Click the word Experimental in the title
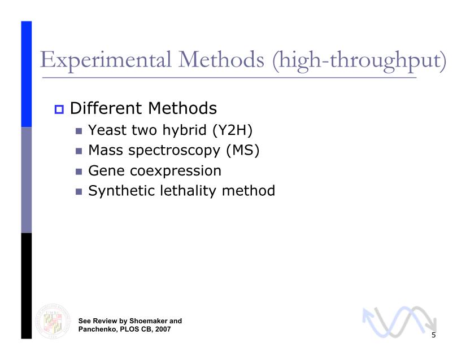[106, 60]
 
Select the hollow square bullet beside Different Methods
[59, 109]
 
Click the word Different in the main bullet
[106, 108]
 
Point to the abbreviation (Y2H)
[232, 130]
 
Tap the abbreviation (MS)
[242, 150]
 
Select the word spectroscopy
[174, 151]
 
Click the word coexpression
[176, 171]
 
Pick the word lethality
[188, 191]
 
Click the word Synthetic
[121, 191]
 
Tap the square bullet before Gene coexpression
[79, 172]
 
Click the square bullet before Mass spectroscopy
[79, 151]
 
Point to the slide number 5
[434, 335]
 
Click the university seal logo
[53, 321]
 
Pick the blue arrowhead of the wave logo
[368, 315]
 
